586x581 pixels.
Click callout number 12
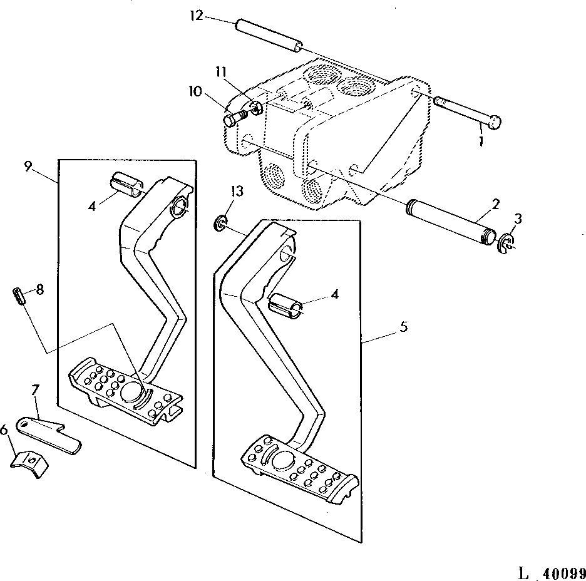197,16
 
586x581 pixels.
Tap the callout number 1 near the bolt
481,142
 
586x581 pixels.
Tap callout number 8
39,289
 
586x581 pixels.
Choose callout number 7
35,392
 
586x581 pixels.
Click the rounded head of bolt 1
495,123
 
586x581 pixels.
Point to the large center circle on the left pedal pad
133,392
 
